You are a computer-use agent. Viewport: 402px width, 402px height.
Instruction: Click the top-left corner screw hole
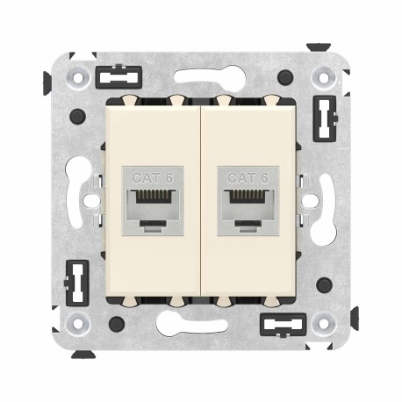(x=80, y=77)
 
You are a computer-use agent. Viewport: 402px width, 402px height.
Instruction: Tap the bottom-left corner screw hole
(x=80, y=324)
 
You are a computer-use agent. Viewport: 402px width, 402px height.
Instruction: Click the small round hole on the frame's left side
(x=88, y=200)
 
